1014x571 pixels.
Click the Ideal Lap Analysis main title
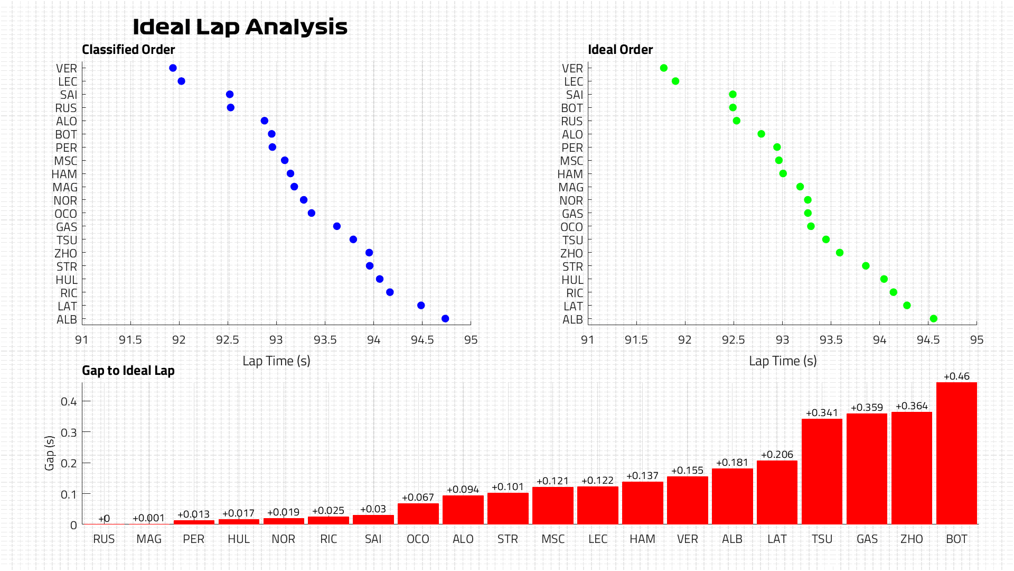[x=240, y=27]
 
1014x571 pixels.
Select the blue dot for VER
[x=173, y=68]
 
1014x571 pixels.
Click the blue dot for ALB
[x=445, y=319]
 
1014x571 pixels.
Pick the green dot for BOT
[x=733, y=108]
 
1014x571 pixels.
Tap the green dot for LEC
[x=675, y=81]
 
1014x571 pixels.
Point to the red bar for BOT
[x=956, y=453]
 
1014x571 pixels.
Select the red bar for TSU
[x=822, y=472]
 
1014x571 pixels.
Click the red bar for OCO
[x=418, y=514]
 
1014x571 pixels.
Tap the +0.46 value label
[x=956, y=376]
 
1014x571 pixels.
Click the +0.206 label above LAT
[x=777, y=455]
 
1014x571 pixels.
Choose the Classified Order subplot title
[x=128, y=50]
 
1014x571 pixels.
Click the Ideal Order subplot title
[x=621, y=50]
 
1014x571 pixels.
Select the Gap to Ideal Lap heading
[x=128, y=371]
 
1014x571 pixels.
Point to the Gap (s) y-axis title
[x=50, y=453]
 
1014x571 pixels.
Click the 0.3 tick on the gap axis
[x=69, y=432]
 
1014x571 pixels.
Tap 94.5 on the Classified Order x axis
[x=422, y=340]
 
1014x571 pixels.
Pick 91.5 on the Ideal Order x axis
[x=636, y=340]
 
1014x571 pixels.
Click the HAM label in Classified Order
[x=64, y=174]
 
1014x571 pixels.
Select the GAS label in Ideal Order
[x=572, y=214]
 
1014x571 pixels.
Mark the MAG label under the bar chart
[x=149, y=539]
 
